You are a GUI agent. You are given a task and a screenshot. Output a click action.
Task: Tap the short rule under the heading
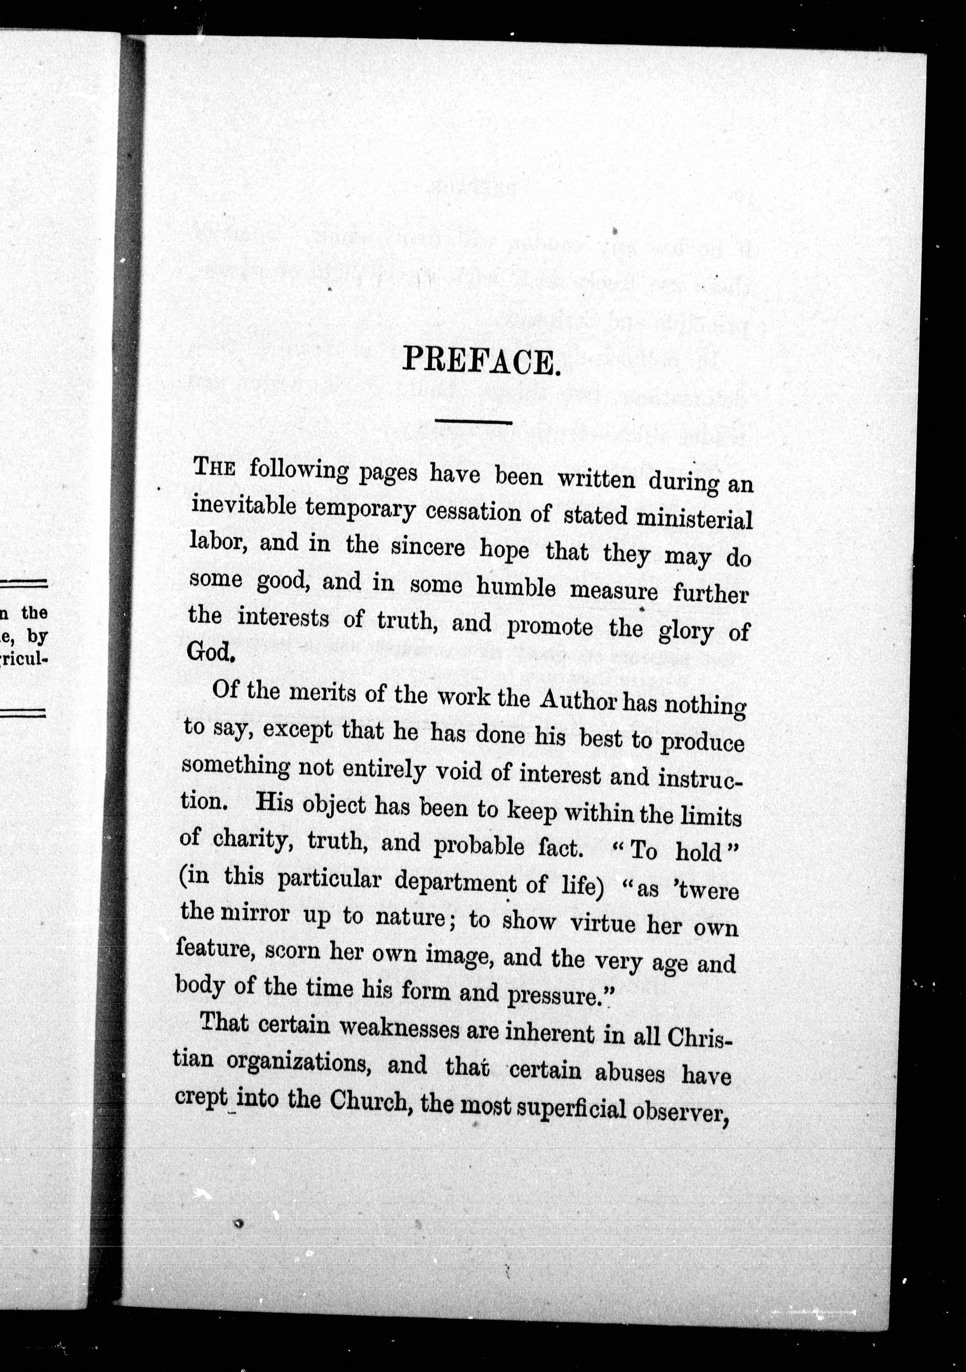[x=474, y=422]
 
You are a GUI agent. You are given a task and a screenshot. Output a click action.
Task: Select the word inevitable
[x=243, y=506]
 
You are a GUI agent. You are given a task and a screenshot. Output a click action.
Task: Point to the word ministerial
[x=694, y=519]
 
